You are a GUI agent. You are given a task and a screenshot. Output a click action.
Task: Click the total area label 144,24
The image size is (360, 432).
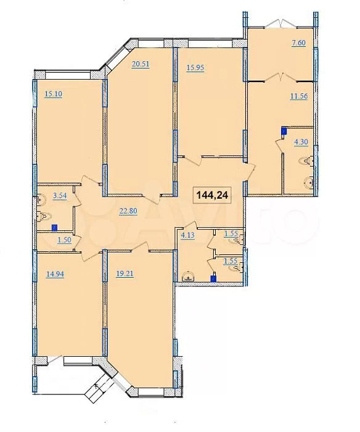pyautogui.click(x=212, y=195)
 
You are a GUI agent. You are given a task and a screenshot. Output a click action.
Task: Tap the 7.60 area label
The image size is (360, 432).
pyautogui.click(x=298, y=43)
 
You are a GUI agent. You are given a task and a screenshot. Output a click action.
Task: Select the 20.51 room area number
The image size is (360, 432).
pyautogui.click(x=141, y=64)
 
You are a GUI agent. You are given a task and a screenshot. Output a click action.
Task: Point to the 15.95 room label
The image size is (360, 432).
pyautogui.click(x=195, y=67)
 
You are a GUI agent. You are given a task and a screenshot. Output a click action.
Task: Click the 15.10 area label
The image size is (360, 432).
pyautogui.click(x=54, y=94)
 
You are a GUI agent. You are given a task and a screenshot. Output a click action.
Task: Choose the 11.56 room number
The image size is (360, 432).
pyautogui.click(x=299, y=96)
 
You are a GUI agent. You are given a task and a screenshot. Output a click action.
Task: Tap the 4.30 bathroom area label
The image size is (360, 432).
pyautogui.click(x=301, y=142)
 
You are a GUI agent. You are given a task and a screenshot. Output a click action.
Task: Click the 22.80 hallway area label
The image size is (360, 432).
pyautogui.click(x=128, y=211)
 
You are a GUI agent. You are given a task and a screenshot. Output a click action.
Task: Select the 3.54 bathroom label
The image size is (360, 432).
pyautogui.click(x=60, y=196)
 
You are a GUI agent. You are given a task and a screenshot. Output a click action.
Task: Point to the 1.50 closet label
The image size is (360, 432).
pyautogui.click(x=64, y=240)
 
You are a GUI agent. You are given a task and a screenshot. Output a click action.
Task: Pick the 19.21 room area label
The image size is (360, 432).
pyautogui.click(x=125, y=274)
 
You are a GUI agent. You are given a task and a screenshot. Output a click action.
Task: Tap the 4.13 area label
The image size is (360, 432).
pyautogui.click(x=187, y=236)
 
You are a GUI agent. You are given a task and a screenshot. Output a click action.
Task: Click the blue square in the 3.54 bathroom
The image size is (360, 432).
pyautogui.click(x=55, y=227)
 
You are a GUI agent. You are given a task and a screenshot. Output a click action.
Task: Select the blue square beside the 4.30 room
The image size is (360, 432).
pyautogui.click(x=284, y=131)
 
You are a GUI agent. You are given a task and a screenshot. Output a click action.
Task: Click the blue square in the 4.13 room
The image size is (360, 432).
pyautogui.click(x=213, y=279)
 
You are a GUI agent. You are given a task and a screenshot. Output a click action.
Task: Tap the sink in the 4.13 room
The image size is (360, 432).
pyautogui.click(x=188, y=276)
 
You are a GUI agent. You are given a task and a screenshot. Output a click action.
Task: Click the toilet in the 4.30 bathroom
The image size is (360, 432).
pyautogui.click(x=308, y=161)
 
